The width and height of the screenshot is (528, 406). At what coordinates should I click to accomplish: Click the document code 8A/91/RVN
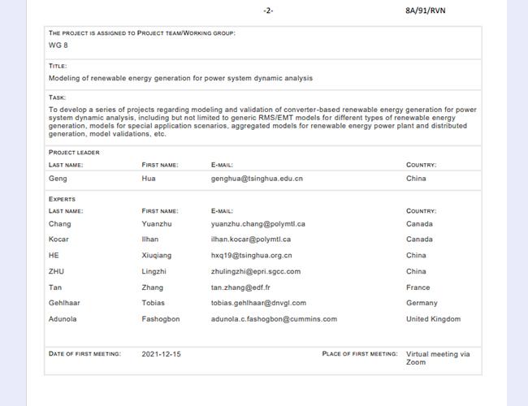point(425,11)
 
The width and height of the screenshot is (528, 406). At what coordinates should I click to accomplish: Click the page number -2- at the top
point(269,11)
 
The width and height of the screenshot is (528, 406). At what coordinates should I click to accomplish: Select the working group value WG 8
point(58,45)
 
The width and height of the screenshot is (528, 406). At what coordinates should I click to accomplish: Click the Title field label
point(58,66)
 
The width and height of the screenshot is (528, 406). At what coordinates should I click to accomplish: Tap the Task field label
point(57,97)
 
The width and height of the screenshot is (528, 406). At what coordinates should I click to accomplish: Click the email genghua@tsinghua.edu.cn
point(257,178)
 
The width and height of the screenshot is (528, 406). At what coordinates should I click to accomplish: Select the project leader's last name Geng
point(58,178)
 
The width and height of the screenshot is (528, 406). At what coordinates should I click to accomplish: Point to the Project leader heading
point(74,152)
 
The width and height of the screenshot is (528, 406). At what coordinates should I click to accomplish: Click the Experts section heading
point(62,199)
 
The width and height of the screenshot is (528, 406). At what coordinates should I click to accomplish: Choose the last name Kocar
point(59,240)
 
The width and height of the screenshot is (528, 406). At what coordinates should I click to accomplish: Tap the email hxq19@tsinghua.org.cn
point(251,255)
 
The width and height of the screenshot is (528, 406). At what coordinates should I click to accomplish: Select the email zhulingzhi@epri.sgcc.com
point(256,271)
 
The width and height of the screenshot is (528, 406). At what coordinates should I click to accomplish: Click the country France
point(418,287)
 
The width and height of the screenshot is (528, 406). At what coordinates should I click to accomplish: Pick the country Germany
point(422,303)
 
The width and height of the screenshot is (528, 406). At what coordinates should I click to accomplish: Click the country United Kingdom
point(433,319)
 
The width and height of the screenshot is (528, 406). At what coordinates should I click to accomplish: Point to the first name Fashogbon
point(161,319)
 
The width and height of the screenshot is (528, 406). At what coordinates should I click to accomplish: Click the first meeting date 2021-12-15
point(162,354)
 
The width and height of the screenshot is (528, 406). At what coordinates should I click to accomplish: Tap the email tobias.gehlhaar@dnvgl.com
point(258,303)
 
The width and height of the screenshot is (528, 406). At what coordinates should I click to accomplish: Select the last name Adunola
point(63,319)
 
